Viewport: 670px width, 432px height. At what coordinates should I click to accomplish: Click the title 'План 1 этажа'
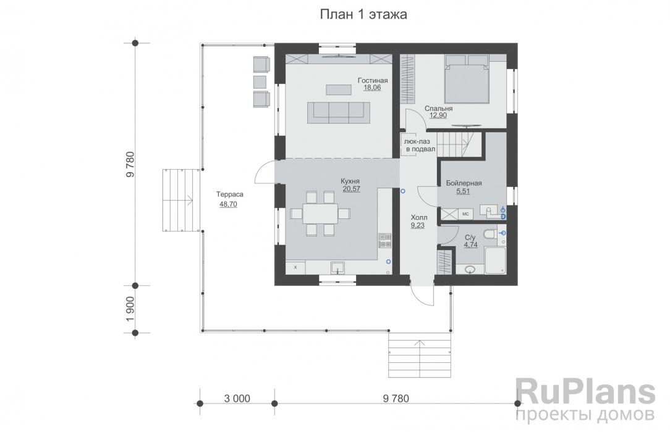(363, 14)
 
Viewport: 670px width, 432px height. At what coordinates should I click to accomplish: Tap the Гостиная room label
(373, 81)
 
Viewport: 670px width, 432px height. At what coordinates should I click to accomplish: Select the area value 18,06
(372, 88)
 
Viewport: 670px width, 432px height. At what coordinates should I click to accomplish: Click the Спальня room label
(438, 109)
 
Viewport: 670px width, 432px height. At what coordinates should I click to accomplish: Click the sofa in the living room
(339, 112)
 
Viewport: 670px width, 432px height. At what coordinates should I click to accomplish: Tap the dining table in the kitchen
(320, 214)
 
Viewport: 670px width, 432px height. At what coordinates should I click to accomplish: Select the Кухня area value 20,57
(351, 188)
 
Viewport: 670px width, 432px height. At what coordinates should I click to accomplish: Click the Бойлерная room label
(464, 183)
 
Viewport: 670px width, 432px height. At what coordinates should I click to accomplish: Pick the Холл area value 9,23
(417, 225)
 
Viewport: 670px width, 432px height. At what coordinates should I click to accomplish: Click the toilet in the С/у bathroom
(491, 234)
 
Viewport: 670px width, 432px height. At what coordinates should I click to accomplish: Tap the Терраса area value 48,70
(228, 204)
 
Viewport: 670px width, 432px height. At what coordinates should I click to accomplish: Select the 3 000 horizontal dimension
(237, 399)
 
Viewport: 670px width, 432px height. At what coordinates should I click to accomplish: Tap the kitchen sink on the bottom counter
(339, 268)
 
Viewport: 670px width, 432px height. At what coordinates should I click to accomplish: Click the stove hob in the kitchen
(384, 241)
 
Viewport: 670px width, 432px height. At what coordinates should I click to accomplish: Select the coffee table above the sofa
(339, 89)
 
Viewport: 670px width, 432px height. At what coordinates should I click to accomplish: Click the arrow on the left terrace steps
(189, 199)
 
